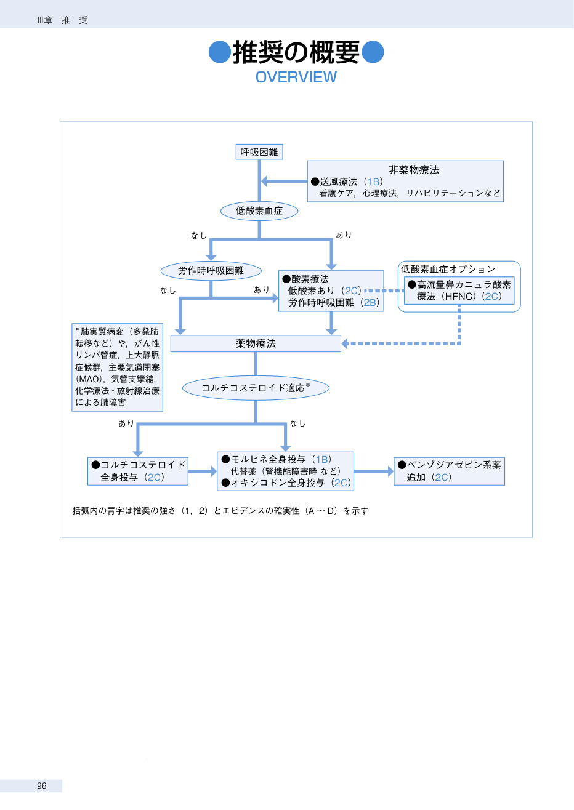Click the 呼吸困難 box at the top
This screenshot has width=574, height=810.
pos(259,152)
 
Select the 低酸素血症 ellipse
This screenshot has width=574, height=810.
pos(259,211)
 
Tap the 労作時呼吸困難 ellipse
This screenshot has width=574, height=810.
pos(211,270)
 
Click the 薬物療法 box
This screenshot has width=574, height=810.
pos(256,343)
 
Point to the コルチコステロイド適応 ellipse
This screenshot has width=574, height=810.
pos(256,388)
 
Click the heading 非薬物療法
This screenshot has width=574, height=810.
pos(414,170)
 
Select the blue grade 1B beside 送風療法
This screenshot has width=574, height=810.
pos(373,182)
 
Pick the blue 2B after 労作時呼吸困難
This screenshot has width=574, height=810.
pos(370,302)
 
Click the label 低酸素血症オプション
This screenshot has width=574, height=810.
pos(448,269)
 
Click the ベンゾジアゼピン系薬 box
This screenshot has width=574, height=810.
pos(449,471)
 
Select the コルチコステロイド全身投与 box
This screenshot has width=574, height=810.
pos(137,471)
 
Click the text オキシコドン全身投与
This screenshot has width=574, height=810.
pos(278,483)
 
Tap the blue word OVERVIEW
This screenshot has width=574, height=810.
pos(296,77)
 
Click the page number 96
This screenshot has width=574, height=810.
pos(42,786)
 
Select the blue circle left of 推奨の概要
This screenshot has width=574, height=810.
pos(220,52)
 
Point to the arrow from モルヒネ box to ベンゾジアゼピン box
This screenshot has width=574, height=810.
pos(374,471)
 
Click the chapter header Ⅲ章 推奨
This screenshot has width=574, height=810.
pos(62,20)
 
